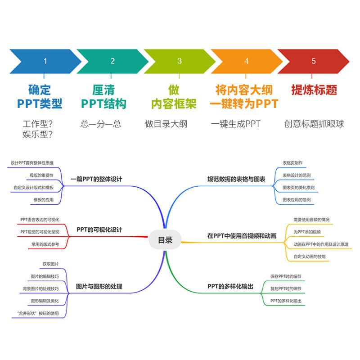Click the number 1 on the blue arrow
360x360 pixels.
(45, 61)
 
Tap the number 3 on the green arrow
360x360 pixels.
(180, 61)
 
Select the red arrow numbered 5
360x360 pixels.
(314, 61)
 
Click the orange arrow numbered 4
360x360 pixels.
(246, 61)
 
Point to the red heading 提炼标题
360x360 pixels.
(314, 90)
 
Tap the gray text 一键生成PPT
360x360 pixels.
(235, 124)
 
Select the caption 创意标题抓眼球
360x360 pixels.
(314, 124)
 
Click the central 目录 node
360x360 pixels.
(165, 240)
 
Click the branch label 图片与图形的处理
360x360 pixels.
(99, 287)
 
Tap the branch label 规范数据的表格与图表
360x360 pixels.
(236, 179)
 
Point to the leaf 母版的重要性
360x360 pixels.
(41, 175)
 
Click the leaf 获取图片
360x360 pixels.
(51, 264)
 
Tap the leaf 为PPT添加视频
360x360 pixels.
(307, 232)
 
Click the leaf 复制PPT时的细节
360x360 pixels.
(286, 288)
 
